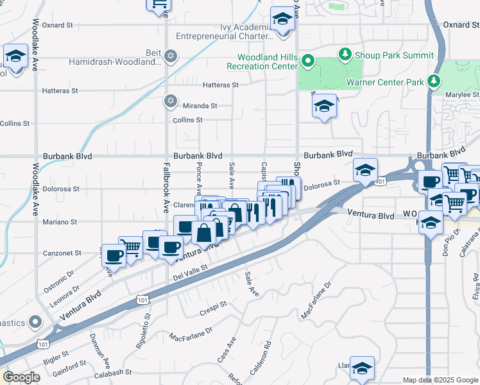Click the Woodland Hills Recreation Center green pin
(x=307, y=62)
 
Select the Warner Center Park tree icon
(x=435, y=81)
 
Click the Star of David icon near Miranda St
(x=170, y=101)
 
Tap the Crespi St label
(x=214, y=304)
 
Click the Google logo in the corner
(x=21, y=377)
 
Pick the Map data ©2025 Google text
(x=440, y=380)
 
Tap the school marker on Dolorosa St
(x=364, y=170)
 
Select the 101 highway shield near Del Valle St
(x=142, y=300)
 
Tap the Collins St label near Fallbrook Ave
(x=187, y=120)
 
